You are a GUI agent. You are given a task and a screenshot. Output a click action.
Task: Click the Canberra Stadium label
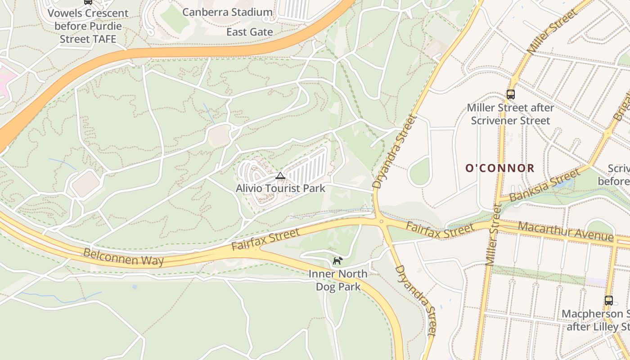pos(227,12)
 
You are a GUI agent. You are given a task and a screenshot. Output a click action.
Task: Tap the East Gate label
pos(249,32)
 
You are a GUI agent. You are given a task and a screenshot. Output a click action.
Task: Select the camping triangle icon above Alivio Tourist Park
pos(280,175)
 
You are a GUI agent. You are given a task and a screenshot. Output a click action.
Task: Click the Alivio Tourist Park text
pos(280,188)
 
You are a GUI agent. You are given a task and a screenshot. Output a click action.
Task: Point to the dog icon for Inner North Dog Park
pos(337,261)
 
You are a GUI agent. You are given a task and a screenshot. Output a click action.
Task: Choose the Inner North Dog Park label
pos(338,280)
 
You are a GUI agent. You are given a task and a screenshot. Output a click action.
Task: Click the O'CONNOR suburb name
pos(499,168)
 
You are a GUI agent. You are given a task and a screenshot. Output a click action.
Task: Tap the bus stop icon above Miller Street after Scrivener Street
pos(510,94)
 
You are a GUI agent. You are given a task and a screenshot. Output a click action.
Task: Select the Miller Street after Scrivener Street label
pos(510,114)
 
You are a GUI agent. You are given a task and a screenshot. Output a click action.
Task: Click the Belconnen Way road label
pos(124,256)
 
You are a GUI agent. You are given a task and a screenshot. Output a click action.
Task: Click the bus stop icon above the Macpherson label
pos(608,301)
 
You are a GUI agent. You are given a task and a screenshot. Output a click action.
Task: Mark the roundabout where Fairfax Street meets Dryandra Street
pos(381,221)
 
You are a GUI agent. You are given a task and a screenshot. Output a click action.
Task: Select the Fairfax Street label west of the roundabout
pos(265,240)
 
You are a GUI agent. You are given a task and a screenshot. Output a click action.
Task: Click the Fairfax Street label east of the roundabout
pos(440,230)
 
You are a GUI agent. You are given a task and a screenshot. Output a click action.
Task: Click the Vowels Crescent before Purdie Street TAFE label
pos(88,26)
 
